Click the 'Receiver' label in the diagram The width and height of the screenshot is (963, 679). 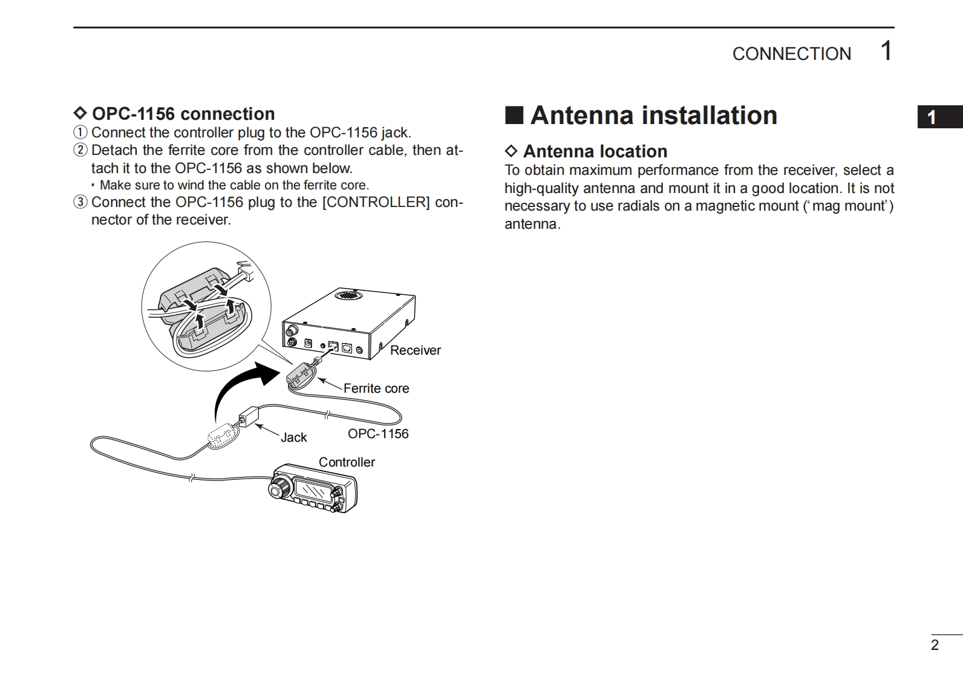(415, 350)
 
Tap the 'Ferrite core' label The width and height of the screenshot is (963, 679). (376, 389)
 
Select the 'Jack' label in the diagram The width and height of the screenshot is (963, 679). (293, 438)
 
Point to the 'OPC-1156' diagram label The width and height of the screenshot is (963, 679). (378, 434)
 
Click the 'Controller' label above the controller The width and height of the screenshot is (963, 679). (347, 462)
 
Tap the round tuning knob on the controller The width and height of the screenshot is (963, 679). (281, 487)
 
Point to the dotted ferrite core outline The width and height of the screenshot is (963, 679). (220, 434)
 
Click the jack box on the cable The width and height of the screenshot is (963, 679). (249, 417)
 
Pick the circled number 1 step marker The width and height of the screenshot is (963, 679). (80, 133)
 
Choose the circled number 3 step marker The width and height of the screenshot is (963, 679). (80, 202)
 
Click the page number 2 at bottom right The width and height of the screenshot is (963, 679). (935, 645)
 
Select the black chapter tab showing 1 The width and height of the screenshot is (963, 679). (938, 117)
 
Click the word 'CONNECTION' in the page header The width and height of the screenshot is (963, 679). (791, 54)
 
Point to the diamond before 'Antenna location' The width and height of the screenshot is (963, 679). (511, 151)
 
